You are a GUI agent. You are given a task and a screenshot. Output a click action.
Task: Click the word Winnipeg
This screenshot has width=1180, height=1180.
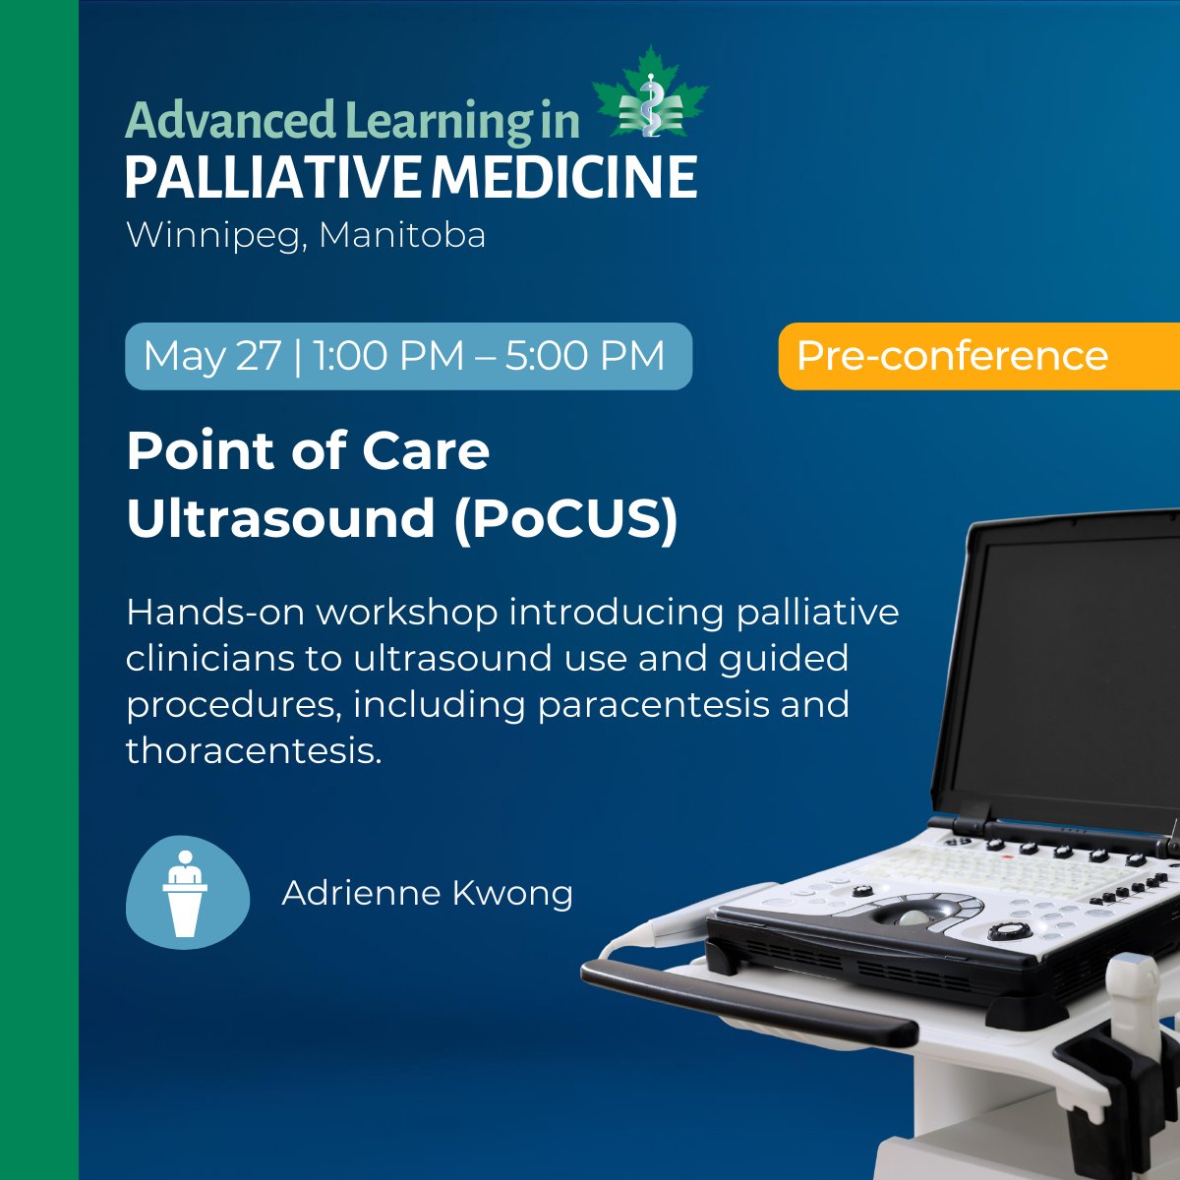(210, 237)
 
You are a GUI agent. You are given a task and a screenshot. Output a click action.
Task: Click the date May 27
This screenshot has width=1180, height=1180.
(211, 355)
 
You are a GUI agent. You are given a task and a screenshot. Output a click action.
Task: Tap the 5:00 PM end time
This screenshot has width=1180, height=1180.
(585, 355)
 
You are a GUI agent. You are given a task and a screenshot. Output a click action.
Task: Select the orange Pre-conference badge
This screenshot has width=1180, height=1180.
(978, 355)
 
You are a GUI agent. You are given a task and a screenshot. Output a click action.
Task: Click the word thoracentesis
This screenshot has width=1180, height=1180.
(252, 750)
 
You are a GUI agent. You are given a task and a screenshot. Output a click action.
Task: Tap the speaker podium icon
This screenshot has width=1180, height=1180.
(186, 893)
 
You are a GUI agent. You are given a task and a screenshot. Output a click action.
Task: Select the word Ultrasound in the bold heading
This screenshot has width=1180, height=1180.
(280, 518)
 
